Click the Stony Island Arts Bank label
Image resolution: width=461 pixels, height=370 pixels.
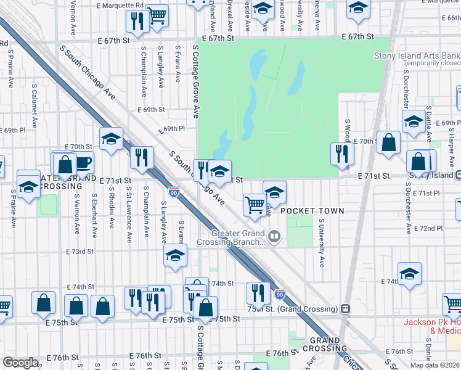click(x=417, y=55)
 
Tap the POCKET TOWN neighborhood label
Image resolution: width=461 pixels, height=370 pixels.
click(x=312, y=211)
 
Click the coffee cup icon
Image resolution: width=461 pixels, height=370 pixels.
click(x=83, y=163)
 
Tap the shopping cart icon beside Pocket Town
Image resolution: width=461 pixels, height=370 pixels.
click(x=254, y=205)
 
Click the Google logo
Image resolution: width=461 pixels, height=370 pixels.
click(x=20, y=363)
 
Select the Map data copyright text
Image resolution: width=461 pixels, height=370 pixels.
click(x=434, y=365)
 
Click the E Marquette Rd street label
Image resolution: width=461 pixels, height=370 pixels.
click(x=120, y=5)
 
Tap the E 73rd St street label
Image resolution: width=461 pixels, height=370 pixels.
click(x=80, y=252)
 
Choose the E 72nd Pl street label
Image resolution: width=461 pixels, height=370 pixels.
click(x=430, y=228)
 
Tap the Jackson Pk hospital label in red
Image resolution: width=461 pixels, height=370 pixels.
click(x=431, y=326)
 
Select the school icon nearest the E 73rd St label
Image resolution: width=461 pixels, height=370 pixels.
click(x=175, y=255)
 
